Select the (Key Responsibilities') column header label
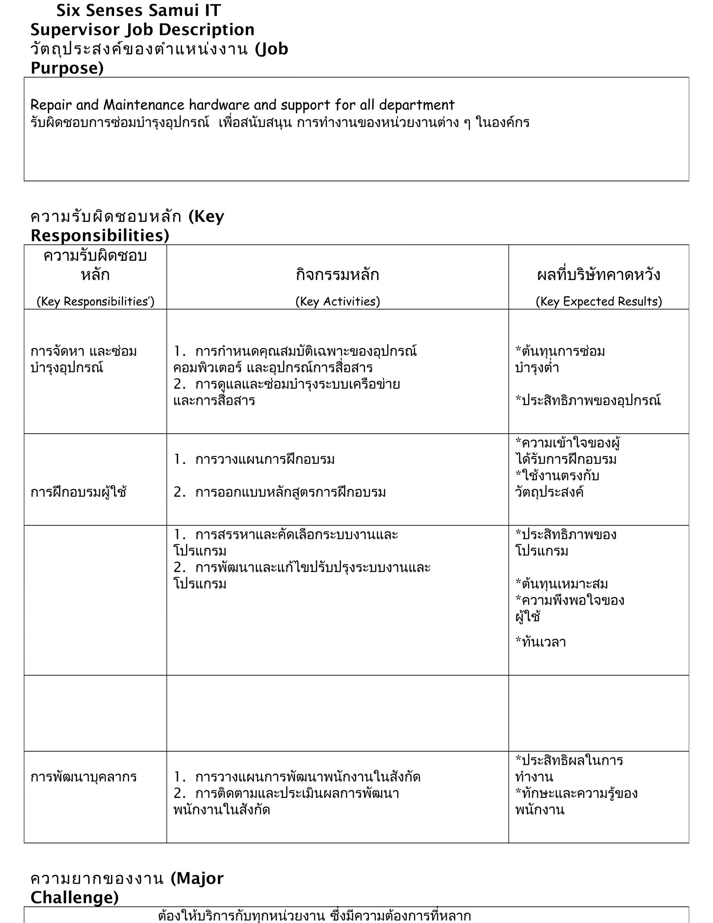click(95, 301)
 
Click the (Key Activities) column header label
click(337, 301)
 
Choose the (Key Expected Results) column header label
click(598, 301)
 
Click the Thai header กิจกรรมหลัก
click(337, 275)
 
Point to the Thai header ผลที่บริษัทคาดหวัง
click(598, 275)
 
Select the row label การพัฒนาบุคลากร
click(84, 777)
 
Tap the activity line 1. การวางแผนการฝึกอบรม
click(254, 459)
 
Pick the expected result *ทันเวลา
click(540, 642)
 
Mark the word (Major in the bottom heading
click(197, 879)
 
